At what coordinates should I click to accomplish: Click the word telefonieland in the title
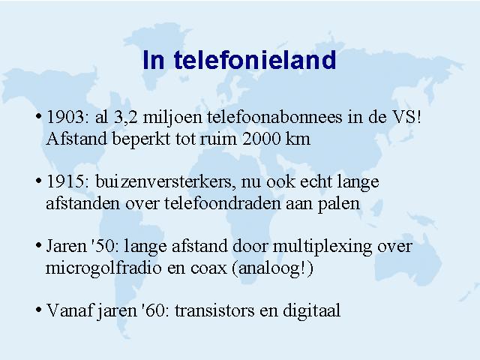255,60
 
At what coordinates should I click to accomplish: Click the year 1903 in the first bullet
65,117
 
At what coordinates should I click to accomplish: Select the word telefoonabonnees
274,117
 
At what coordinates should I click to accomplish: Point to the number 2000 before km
262,139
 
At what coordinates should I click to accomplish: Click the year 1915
65,181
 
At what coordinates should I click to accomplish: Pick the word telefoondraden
223,203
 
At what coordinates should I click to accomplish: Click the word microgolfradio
103,268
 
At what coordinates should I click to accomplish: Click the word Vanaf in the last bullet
69,310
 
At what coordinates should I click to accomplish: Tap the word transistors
214,311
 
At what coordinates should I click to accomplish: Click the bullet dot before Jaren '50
38,245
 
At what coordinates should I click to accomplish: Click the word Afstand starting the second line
76,139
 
